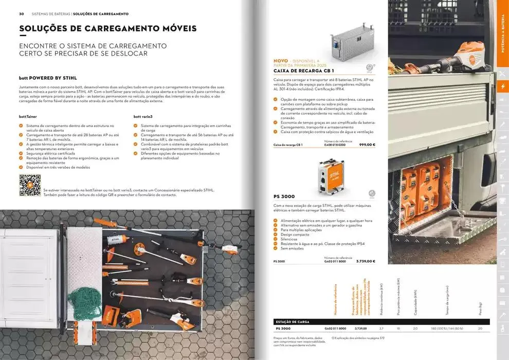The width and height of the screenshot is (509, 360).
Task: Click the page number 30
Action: [x=22, y=14]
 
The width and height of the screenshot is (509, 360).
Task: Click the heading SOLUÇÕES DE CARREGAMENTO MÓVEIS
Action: [x=107, y=29]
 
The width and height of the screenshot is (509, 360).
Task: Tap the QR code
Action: [x=30, y=185]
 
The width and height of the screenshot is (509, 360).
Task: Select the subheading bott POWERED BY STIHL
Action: [x=48, y=78]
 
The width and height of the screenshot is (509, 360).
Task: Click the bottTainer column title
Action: [x=28, y=117]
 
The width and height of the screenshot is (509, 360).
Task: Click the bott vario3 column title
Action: [x=143, y=117]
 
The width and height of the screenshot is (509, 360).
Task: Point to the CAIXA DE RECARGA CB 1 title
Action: [x=304, y=71]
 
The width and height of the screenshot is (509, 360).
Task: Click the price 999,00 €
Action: [x=367, y=145]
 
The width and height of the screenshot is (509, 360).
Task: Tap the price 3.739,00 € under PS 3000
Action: [x=365, y=261]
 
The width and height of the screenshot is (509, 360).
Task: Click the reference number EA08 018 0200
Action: [x=335, y=145]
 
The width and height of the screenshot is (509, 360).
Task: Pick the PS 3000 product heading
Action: [x=284, y=196]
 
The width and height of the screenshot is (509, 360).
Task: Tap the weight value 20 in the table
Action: [x=480, y=329]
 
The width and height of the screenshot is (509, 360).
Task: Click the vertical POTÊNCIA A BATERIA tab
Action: [x=502, y=34]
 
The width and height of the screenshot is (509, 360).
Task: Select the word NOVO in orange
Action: [x=281, y=61]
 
